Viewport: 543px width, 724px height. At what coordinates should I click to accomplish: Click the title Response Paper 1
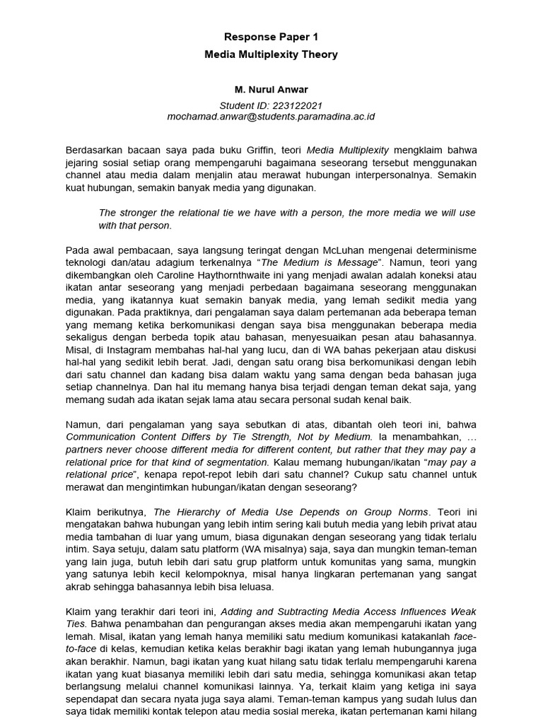(271, 36)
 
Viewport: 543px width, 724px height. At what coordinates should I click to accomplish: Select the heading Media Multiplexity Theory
(271, 54)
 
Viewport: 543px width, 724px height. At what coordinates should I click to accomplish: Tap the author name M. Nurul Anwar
(271, 91)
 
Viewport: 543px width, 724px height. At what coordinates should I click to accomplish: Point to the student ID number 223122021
(299, 104)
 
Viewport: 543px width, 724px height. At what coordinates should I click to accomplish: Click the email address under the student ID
(271, 116)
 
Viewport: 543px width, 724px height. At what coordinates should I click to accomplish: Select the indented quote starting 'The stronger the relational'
(286, 218)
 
